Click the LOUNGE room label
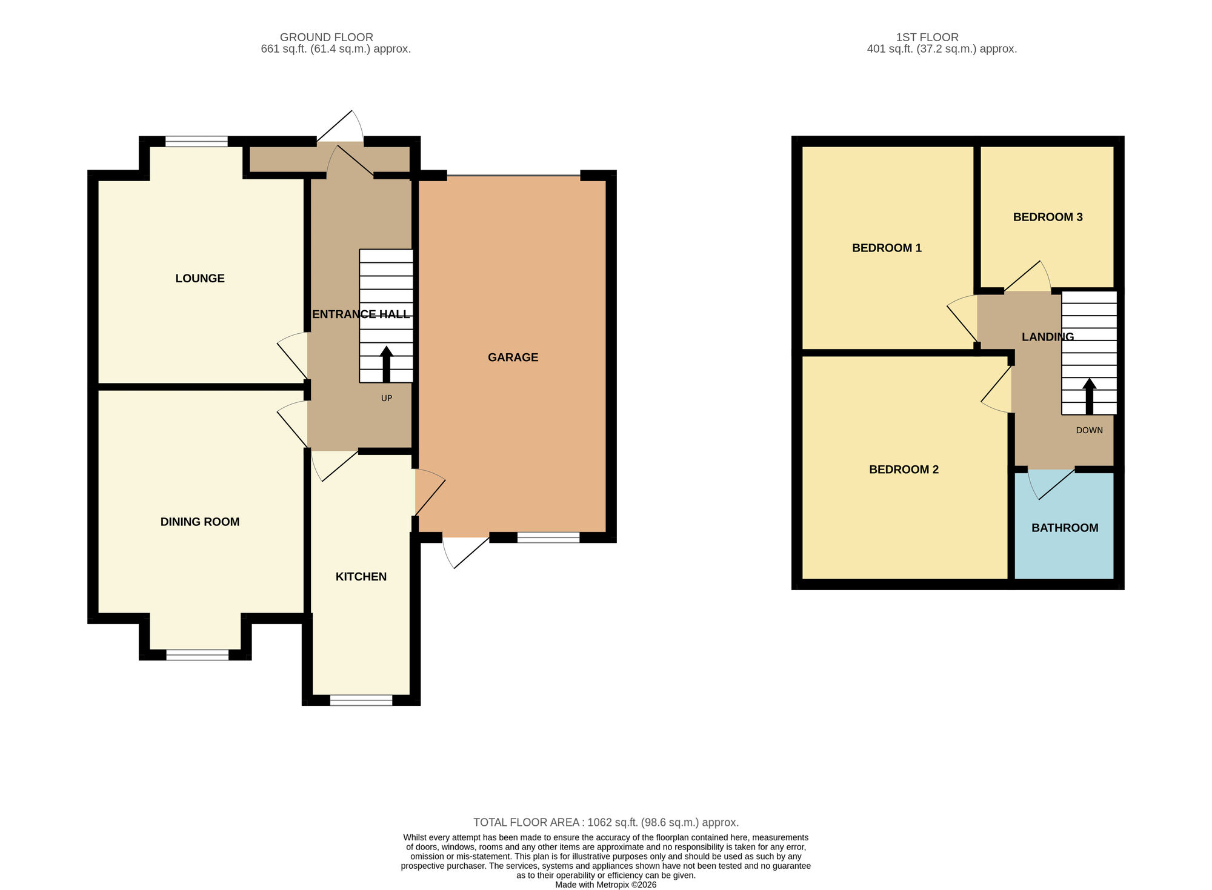pos(200,278)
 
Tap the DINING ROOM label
pos(200,522)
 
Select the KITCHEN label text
pos(361,576)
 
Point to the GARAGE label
pos(513,357)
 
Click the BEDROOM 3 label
pos(1048,217)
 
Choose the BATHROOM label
pos(1065,528)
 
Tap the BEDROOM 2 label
pos(904,470)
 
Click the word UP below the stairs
pos(387,398)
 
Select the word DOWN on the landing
pos(1089,430)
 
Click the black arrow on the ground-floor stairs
pos(386,364)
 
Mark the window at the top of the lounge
pos(196,142)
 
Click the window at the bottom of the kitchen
pos(361,700)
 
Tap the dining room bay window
pos(198,655)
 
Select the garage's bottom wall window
pos(548,537)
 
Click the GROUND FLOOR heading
pos(326,38)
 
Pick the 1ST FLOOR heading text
pos(927,38)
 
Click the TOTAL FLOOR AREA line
pos(605,822)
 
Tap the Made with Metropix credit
pos(605,885)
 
